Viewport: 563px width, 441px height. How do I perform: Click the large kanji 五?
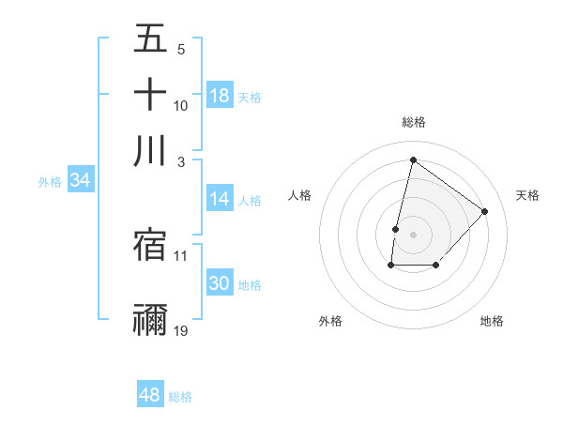pos(150,38)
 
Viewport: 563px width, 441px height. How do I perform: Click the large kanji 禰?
pos(150,319)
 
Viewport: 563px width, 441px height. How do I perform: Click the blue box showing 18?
pos(220,95)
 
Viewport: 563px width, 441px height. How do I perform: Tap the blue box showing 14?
pos(220,198)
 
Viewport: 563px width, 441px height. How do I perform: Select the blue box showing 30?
pos(220,283)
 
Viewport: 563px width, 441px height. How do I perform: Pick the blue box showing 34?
pos(80,180)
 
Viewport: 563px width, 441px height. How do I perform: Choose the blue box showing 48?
pos(150,395)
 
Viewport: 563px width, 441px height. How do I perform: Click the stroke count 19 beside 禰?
pos(181,330)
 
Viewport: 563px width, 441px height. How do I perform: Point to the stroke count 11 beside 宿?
pos(181,255)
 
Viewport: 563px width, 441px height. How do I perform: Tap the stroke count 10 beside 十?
pos(181,105)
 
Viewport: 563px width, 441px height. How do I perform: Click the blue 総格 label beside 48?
pos(180,397)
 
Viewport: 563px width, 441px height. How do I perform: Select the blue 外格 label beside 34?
pos(50,182)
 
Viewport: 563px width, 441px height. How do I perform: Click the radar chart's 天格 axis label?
pos(527,195)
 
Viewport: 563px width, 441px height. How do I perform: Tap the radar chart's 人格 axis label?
pos(299,195)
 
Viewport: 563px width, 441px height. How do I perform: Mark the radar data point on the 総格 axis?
pos(413,159)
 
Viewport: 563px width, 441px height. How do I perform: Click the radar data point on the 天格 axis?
pos(484,211)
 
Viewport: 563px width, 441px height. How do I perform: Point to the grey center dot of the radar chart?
pos(413,234)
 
